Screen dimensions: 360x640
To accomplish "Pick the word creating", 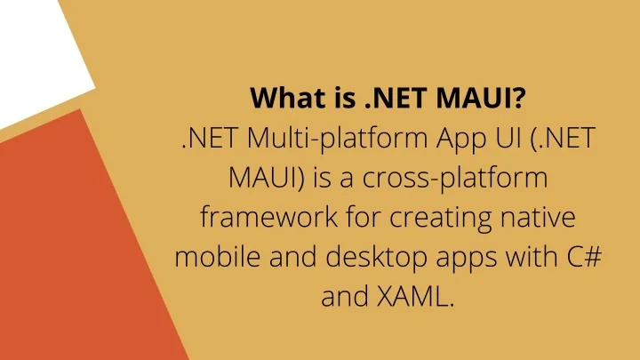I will coord(425,218).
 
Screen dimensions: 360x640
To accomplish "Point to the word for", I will coord(341,218).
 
